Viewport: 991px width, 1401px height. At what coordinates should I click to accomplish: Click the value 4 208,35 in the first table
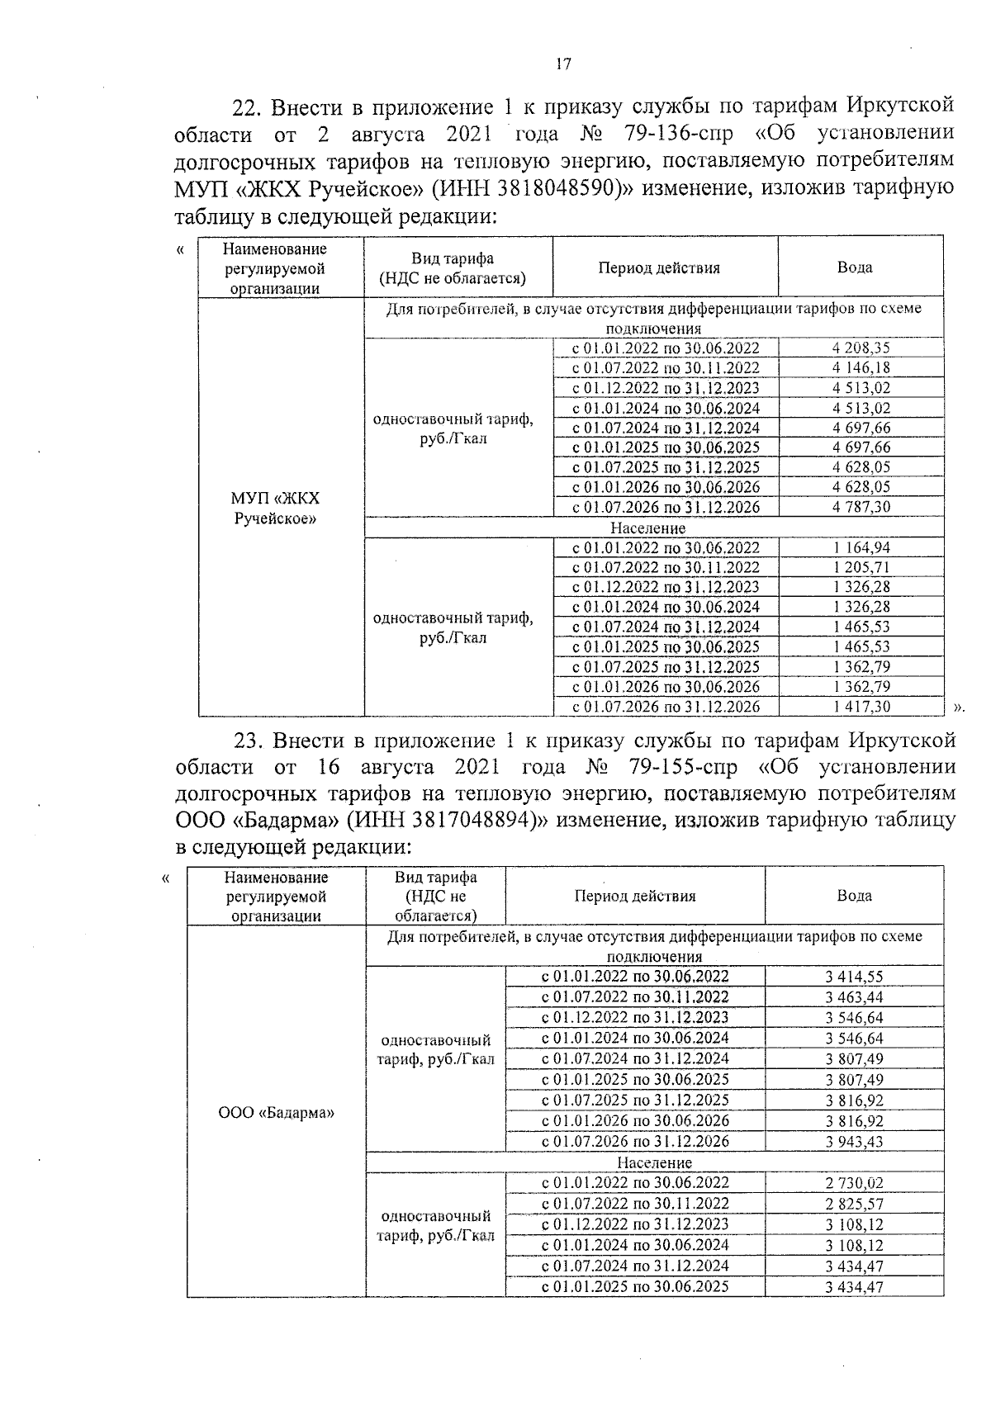tap(861, 348)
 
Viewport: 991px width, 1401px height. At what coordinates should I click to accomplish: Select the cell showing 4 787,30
tap(861, 507)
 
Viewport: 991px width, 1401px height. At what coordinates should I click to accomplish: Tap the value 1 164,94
tap(861, 547)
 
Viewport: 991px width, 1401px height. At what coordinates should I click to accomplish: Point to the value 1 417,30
tap(861, 707)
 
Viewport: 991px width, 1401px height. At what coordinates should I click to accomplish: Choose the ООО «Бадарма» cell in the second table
tap(276, 1112)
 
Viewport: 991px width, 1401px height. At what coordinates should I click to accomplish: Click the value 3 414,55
tap(853, 977)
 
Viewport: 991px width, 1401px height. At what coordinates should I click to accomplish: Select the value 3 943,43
tap(853, 1142)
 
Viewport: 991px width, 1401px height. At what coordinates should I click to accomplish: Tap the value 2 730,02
tap(853, 1183)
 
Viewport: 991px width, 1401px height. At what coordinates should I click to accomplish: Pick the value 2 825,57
tap(853, 1204)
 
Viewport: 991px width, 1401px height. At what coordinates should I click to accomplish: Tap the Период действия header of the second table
tap(634, 897)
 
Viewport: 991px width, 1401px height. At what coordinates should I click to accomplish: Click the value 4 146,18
tap(861, 368)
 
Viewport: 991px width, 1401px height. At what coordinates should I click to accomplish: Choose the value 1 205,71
tap(861, 567)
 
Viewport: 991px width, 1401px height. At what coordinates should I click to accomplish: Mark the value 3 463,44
tap(853, 997)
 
